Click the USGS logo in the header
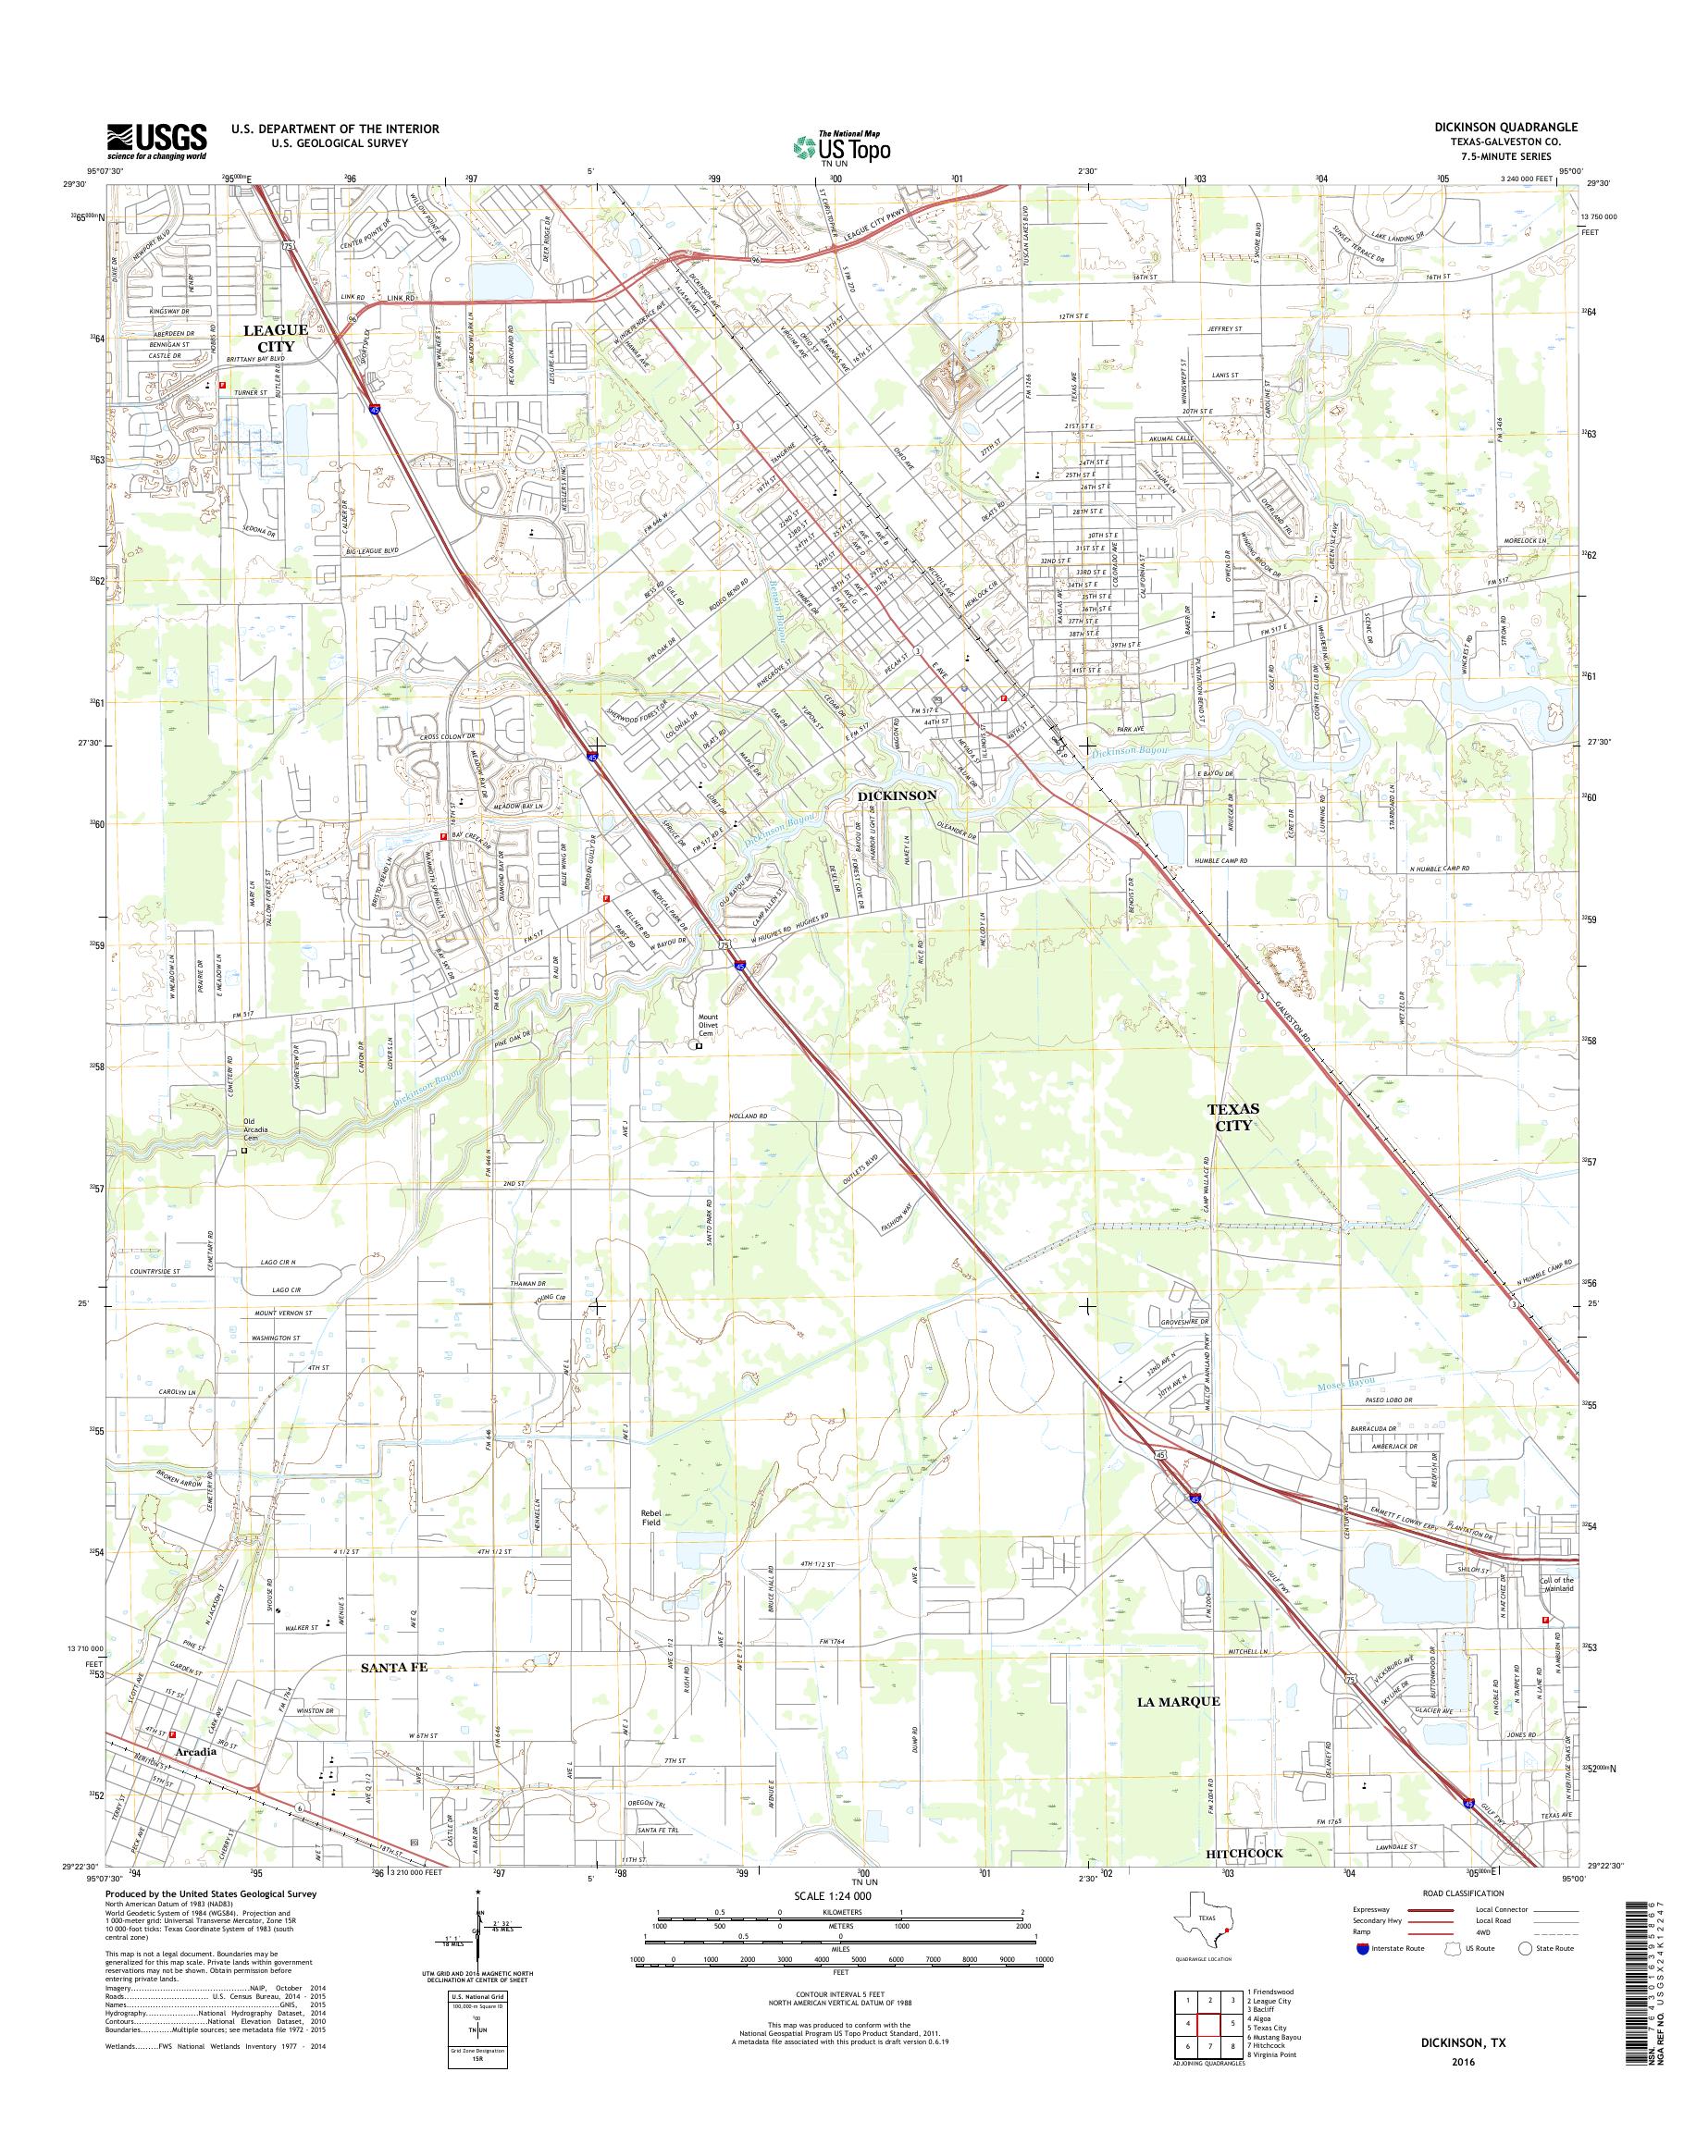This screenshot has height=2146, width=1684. click(x=156, y=141)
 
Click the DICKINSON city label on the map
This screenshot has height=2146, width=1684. click(x=897, y=794)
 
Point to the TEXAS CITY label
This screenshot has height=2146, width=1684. click(x=1232, y=1116)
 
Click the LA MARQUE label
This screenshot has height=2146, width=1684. click(x=1178, y=1700)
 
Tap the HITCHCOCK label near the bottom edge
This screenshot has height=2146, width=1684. click(x=1244, y=1853)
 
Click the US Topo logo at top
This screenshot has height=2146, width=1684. click(x=841, y=147)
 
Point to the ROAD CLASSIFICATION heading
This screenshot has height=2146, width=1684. click(x=1463, y=1893)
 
